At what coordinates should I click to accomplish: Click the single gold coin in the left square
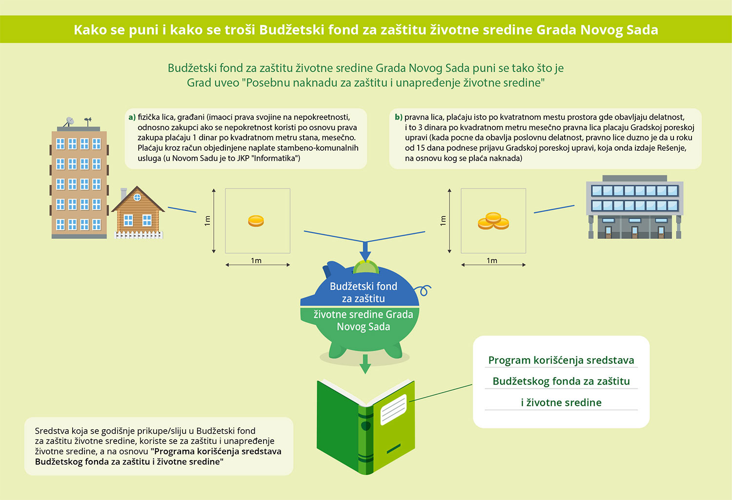pyautogui.click(x=256, y=221)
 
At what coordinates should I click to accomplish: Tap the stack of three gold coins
pyautogui.click(x=493, y=221)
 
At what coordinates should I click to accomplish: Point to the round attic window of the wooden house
pyautogui.click(x=137, y=197)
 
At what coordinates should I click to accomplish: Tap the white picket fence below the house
pyautogui.click(x=139, y=235)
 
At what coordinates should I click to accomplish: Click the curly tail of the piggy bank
pyautogui.click(x=423, y=290)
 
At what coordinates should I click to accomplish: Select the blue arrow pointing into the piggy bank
pyautogui.click(x=365, y=251)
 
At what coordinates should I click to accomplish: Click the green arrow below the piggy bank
pyautogui.click(x=365, y=364)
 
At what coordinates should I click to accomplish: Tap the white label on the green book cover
pyautogui.click(x=393, y=410)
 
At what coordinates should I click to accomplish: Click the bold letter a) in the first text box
pyautogui.click(x=132, y=117)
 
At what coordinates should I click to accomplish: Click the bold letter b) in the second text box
pyautogui.click(x=398, y=117)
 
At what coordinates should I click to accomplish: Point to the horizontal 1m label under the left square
pyautogui.click(x=256, y=260)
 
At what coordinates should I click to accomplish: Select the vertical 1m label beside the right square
pyautogui.click(x=443, y=221)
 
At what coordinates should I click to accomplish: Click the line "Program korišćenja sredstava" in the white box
pyautogui.click(x=561, y=360)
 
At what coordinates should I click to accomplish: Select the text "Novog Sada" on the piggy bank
pyautogui.click(x=364, y=326)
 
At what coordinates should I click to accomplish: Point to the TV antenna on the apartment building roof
pyautogui.click(x=88, y=121)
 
